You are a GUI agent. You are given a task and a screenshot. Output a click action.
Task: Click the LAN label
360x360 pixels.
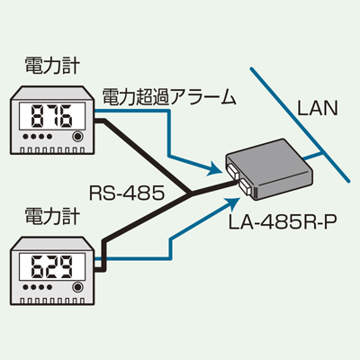tap(318, 108)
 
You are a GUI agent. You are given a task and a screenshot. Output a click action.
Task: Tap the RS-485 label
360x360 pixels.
tap(127, 193)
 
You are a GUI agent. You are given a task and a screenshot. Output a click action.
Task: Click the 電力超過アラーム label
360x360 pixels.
tap(168, 97)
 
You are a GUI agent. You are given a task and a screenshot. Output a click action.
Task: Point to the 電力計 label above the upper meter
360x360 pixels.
tap(53, 66)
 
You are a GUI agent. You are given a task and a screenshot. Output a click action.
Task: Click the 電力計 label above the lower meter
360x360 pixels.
tap(53, 216)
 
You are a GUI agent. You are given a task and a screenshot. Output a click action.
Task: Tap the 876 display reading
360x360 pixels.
tap(52, 116)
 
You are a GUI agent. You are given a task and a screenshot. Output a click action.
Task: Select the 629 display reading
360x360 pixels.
tap(52, 266)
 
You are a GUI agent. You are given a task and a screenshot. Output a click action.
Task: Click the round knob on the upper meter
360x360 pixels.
tap(77, 137)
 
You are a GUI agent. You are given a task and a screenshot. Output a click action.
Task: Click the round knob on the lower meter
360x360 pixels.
tap(77, 287)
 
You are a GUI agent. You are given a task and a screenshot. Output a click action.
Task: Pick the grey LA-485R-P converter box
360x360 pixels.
tap(269, 170)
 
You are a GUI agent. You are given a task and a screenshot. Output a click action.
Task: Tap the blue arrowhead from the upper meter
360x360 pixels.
tap(215, 168)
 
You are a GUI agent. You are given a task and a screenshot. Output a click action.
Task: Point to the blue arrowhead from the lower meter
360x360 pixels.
tap(232, 204)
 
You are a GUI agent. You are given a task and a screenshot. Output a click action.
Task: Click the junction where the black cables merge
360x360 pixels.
tap(191, 193)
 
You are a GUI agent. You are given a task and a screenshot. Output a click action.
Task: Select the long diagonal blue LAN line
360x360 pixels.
tap(300, 125)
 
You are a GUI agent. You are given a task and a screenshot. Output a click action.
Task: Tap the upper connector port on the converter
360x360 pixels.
tap(232, 172)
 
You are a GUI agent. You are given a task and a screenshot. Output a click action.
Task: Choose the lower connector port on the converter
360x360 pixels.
tap(246, 187)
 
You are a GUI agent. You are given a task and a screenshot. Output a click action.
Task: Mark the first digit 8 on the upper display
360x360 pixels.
tap(37, 116)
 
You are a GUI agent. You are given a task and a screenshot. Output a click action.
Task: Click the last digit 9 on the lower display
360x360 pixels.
tap(67, 266)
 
